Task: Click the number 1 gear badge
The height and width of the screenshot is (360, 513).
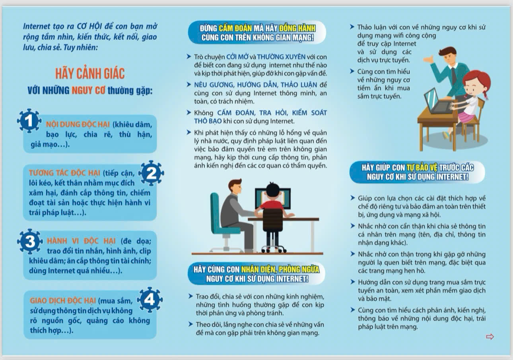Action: point(29,121)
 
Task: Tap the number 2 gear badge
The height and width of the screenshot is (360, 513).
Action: point(151,173)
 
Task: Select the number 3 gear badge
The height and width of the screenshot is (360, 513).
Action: point(30,241)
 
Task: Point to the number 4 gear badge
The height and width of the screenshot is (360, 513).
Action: point(150,300)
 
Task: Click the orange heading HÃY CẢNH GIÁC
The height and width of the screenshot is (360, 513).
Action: point(90,74)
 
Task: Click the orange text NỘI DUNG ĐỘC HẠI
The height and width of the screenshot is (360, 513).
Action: point(78,124)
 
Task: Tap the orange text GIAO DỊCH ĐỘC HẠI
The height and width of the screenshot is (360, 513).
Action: point(63,300)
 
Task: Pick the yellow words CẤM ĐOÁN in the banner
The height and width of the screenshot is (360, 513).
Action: point(235,28)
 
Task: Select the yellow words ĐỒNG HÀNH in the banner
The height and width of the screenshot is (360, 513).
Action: point(297,28)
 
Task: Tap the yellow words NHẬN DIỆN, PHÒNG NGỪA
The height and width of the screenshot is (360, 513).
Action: point(280,269)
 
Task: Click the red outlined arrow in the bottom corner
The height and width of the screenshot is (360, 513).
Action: point(490,337)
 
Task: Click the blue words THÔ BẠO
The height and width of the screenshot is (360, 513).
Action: point(208,121)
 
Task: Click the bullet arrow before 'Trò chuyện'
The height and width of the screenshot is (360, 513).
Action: point(189,56)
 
